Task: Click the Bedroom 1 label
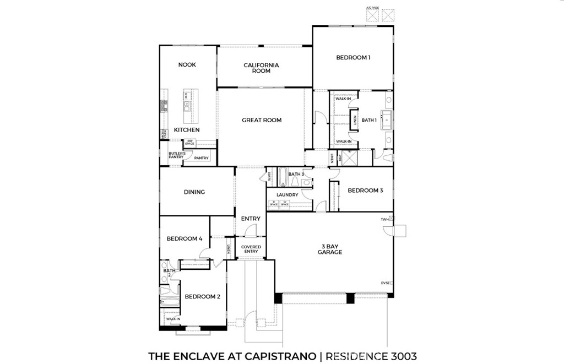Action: (x=353, y=57)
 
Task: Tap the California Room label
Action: (x=261, y=68)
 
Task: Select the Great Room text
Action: (x=262, y=120)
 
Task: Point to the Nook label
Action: (x=187, y=65)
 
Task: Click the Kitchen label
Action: (x=187, y=130)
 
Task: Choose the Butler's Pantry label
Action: (x=176, y=155)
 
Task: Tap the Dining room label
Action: (x=194, y=192)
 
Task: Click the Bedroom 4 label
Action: (x=185, y=239)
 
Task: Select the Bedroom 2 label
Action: (x=202, y=297)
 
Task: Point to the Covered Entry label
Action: (x=251, y=249)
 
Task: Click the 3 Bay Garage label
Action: (x=329, y=249)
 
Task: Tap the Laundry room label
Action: (x=288, y=195)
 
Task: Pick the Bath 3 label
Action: (x=296, y=175)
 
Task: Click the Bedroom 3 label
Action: (x=365, y=191)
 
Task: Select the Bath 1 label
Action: (x=369, y=120)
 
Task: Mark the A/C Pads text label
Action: (x=373, y=8)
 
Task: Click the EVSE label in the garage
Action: (x=385, y=283)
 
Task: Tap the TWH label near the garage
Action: (x=384, y=219)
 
